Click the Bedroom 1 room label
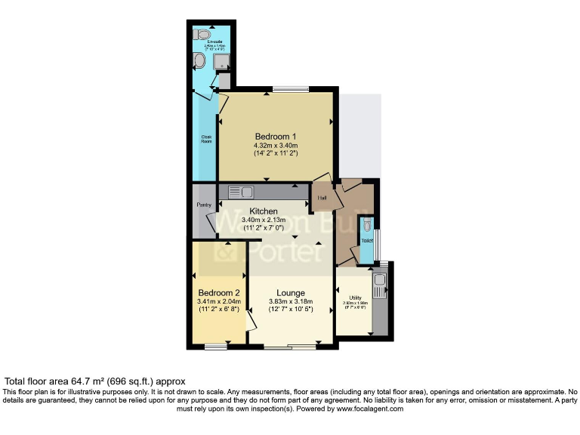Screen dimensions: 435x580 [275, 136]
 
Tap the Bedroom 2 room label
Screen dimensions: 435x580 [219, 292]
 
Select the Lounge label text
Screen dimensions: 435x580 [290, 292]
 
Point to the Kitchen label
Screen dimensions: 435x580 [259, 211]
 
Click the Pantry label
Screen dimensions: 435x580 [204, 205]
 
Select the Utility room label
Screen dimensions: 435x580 [354, 298]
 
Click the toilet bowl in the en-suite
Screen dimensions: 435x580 [202, 34]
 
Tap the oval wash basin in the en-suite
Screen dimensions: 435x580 [200, 60]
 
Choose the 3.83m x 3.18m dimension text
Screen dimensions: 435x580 [290, 301]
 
